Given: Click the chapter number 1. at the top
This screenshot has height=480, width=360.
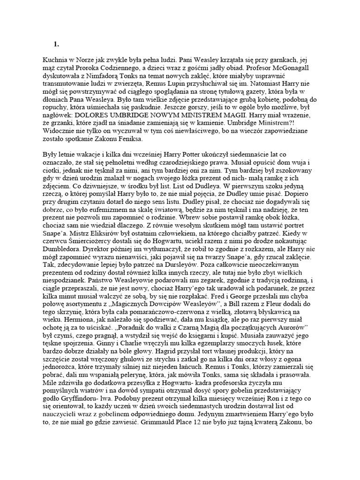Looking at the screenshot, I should (x=56, y=44).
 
